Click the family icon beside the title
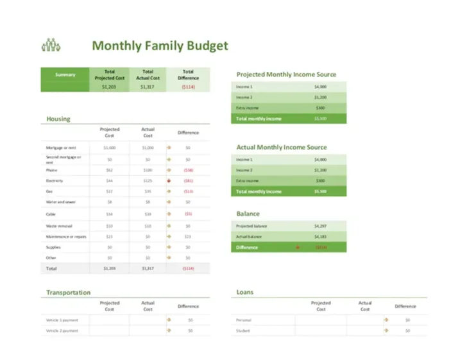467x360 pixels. (51, 46)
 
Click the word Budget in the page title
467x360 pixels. (207, 46)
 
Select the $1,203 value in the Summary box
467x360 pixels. (109, 87)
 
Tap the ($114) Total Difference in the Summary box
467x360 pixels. (188, 87)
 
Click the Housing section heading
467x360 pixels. (58, 119)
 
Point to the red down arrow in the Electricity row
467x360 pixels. (169, 181)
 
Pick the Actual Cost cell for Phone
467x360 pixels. (148, 170)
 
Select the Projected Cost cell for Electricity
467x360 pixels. (110, 181)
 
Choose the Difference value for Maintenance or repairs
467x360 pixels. (188, 236)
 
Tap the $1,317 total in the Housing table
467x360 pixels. (148, 268)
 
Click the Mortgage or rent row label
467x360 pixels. (61, 148)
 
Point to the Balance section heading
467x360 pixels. (248, 214)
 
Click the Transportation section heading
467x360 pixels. (68, 293)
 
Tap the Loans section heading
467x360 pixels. (245, 293)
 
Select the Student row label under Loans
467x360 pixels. (244, 330)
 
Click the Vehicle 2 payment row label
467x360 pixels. (62, 330)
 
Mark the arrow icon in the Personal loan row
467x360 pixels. (386, 320)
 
